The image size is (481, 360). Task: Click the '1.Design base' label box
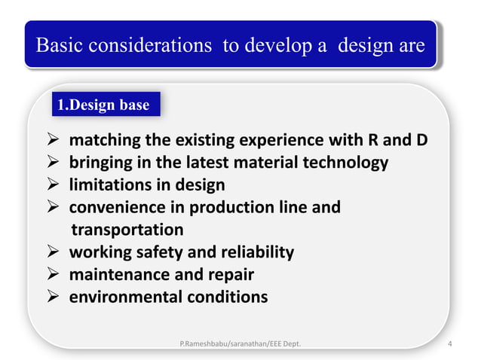click(x=104, y=105)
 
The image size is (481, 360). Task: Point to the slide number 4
click(x=450, y=345)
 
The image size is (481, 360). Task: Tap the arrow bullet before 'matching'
click(x=55, y=140)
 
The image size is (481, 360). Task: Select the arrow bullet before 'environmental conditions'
click(x=55, y=297)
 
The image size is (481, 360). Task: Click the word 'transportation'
click(x=127, y=229)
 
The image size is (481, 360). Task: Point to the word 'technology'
click(x=343, y=163)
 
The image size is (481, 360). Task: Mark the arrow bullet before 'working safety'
click(x=55, y=252)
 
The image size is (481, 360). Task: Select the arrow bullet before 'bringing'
click(x=55, y=163)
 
